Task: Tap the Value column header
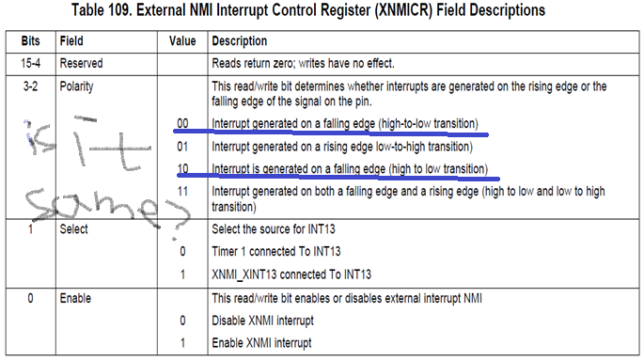click(182, 42)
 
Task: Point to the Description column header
click(240, 42)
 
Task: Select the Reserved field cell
click(82, 63)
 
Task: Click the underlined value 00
click(182, 124)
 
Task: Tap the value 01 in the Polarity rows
click(182, 147)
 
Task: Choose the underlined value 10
click(182, 169)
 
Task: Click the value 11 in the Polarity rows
click(182, 192)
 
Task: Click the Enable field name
click(75, 299)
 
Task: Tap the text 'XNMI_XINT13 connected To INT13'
click(291, 274)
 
